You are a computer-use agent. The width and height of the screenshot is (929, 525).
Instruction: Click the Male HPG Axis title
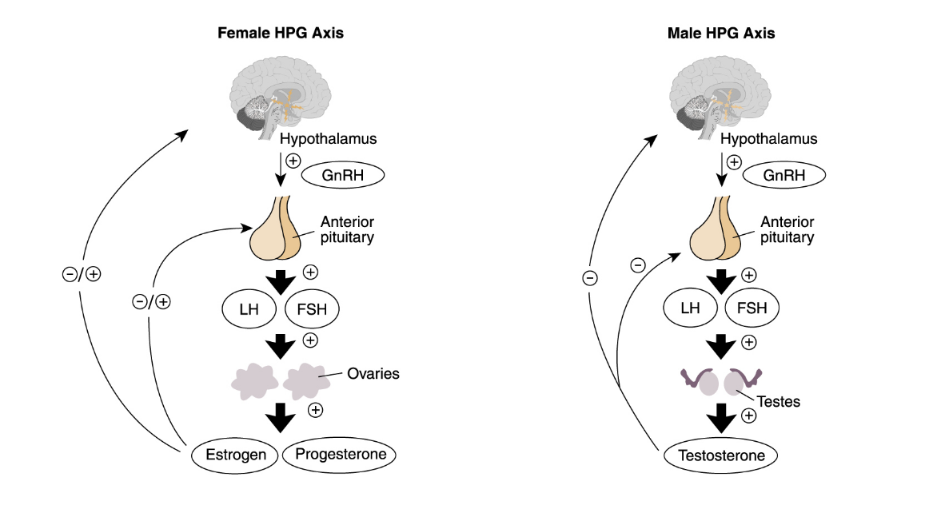(x=720, y=34)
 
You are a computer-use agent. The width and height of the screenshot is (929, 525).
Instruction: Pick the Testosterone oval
(x=722, y=455)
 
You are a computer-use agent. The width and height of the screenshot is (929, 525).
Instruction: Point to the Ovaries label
(x=373, y=373)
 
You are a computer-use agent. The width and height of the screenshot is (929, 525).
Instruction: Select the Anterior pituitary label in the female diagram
(x=347, y=229)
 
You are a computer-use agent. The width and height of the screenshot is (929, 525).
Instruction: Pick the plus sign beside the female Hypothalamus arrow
(x=293, y=161)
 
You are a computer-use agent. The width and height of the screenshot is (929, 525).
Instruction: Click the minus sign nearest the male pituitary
(x=637, y=264)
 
